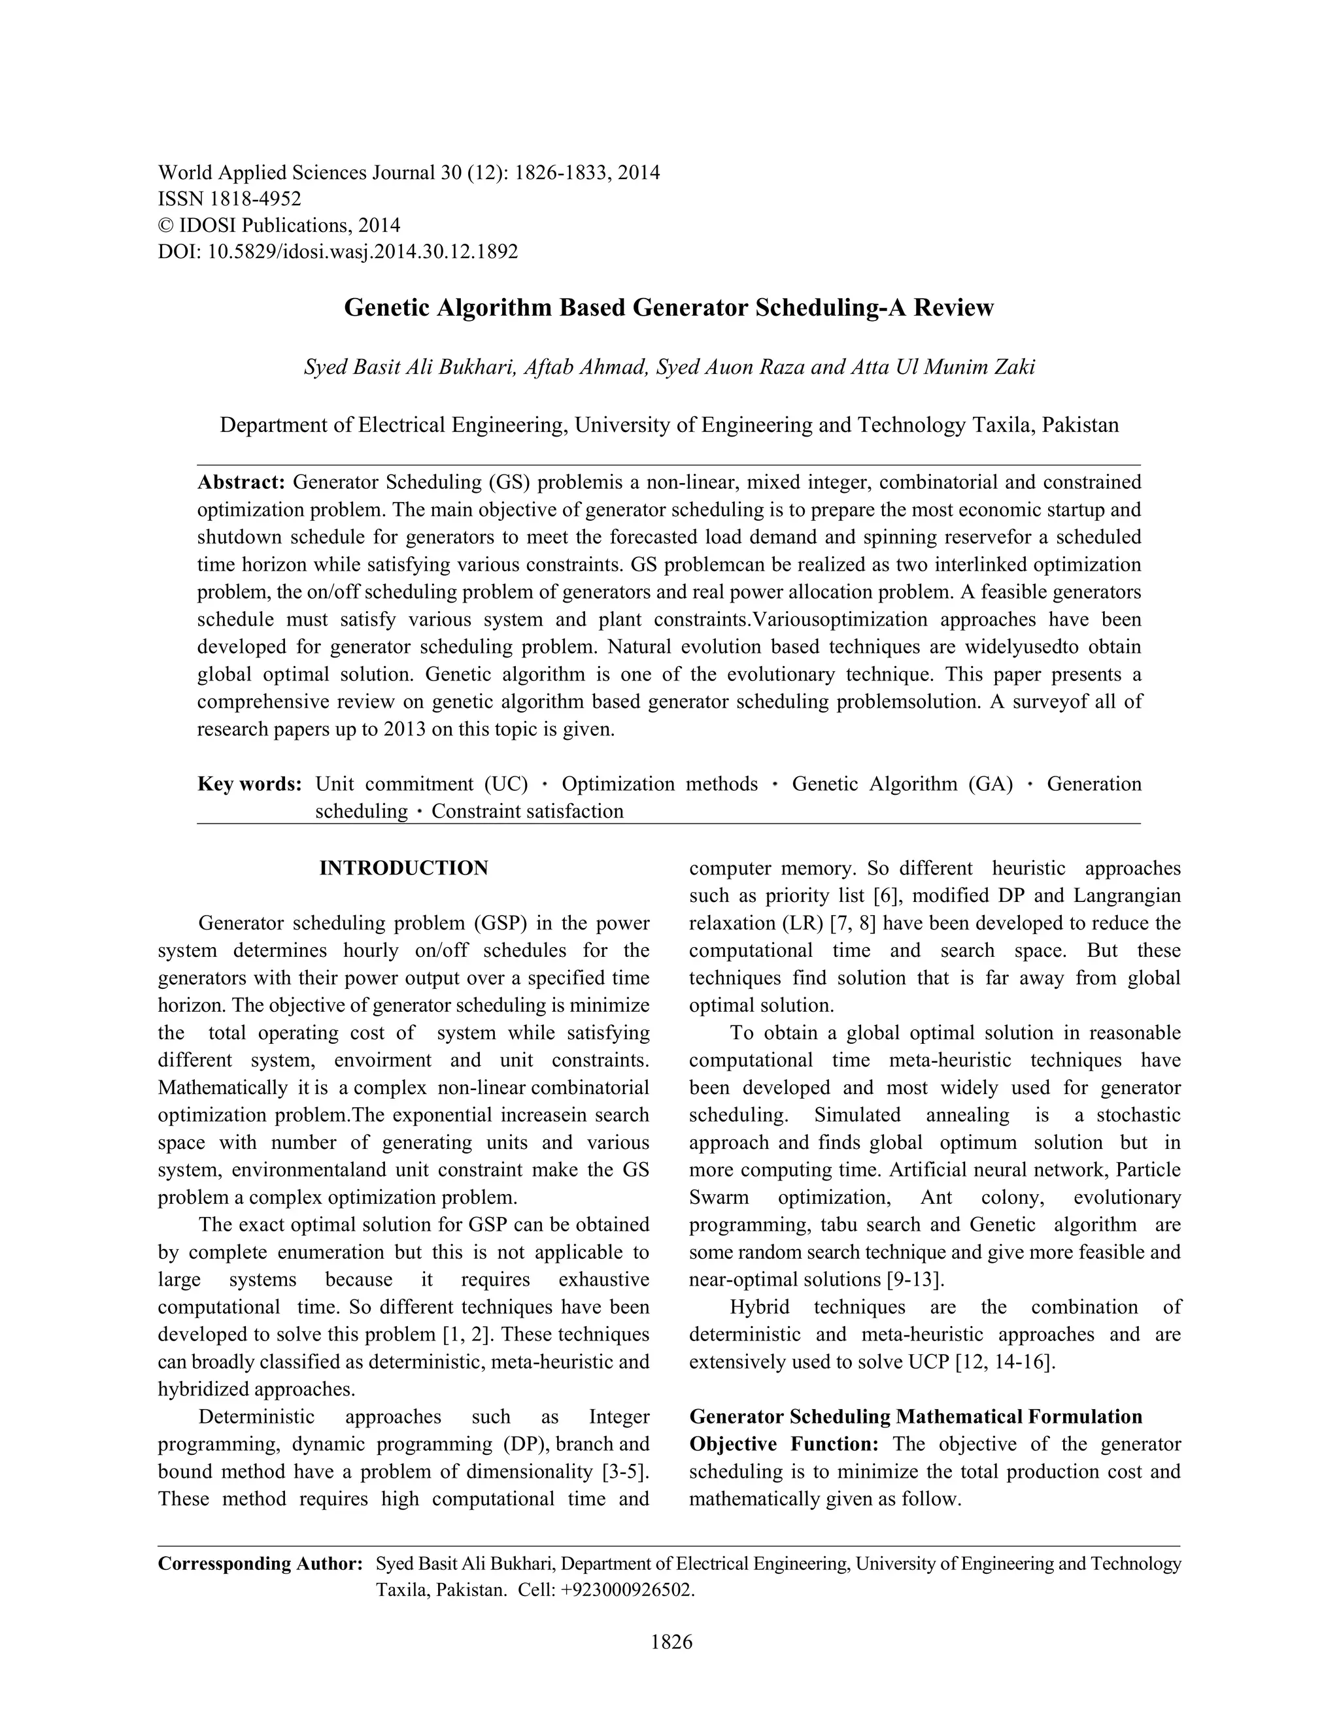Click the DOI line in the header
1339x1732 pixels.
tap(338, 252)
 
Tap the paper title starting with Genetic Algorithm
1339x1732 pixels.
tap(668, 308)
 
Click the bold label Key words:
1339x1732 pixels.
tap(249, 784)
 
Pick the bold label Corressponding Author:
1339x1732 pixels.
tap(260, 1564)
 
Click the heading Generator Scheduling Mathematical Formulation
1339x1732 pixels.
tap(915, 1417)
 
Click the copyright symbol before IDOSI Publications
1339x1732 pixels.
tap(165, 226)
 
